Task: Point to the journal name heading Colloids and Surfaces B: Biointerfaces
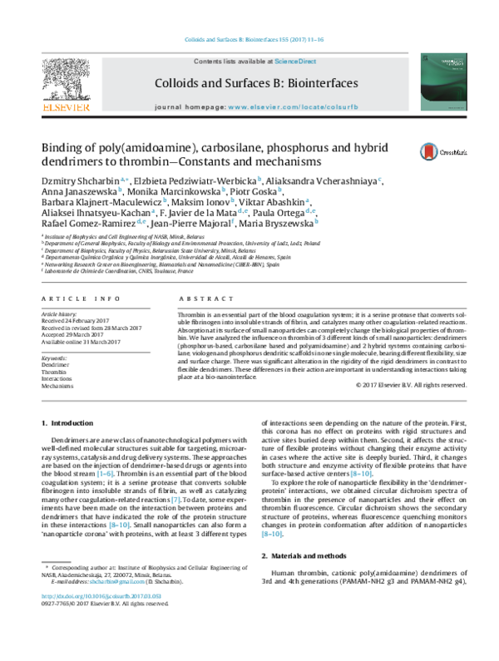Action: click(x=255, y=83)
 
